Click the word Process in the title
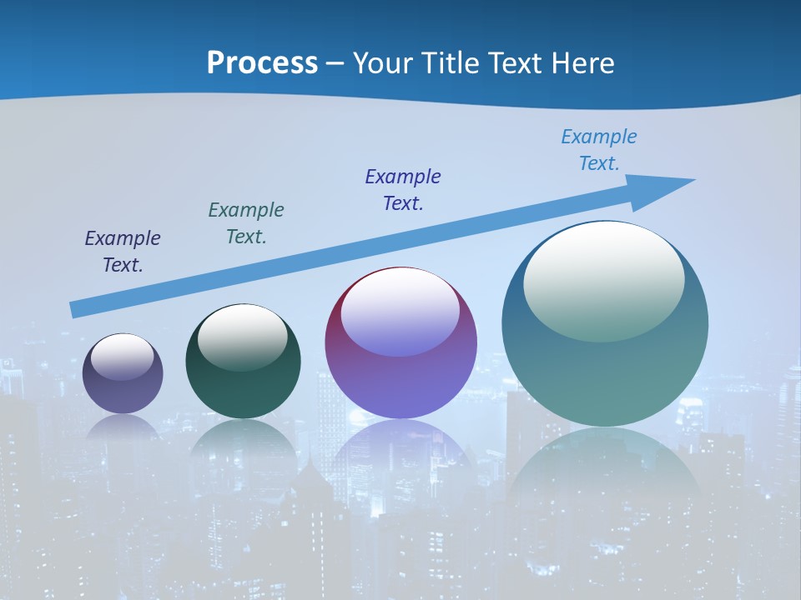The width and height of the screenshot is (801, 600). pyautogui.click(x=262, y=63)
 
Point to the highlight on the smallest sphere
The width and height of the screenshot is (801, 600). pyautogui.click(x=123, y=357)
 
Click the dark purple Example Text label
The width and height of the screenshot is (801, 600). pyautogui.click(x=123, y=252)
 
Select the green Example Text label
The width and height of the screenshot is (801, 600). pyautogui.click(x=246, y=223)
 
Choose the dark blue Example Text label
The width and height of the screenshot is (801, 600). pyautogui.click(x=403, y=190)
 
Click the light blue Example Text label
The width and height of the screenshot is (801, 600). pyautogui.click(x=599, y=150)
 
